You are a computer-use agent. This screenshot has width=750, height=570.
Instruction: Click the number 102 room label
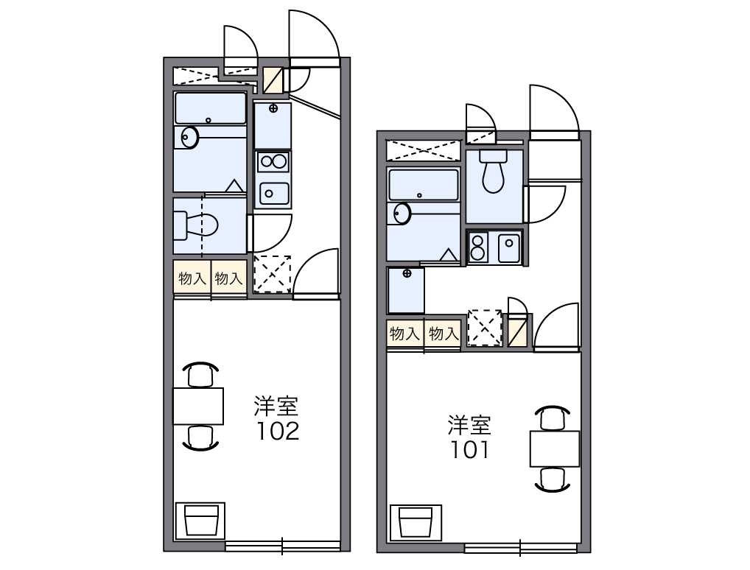click(x=278, y=431)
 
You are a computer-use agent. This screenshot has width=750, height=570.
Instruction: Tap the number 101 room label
click(x=470, y=449)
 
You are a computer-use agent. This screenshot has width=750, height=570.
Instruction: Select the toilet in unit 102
click(x=195, y=225)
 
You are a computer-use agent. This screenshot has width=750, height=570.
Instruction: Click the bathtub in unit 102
click(x=211, y=108)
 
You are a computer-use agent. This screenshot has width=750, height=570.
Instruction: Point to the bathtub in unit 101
click(x=424, y=185)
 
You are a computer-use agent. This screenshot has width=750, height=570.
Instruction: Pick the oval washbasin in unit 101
click(x=402, y=213)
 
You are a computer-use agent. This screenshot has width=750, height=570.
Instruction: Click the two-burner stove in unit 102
click(x=273, y=161)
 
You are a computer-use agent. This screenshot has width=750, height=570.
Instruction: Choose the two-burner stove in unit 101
click(x=478, y=247)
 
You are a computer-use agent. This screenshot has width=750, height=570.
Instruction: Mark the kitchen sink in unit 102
click(x=273, y=193)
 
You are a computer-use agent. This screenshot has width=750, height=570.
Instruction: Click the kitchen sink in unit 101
click(x=509, y=247)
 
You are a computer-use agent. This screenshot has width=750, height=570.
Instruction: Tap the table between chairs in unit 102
click(x=198, y=406)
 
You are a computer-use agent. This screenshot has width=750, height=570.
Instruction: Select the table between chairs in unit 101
click(x=555, y=448)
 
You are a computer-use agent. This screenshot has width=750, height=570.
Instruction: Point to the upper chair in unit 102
click(x=201, y=374)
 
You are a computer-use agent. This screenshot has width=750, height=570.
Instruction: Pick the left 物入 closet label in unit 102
click(x=192, y=278)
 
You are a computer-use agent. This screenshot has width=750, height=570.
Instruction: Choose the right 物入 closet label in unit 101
click(x=444, y=334)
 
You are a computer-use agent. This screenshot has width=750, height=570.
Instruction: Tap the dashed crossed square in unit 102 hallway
click(x=272, y=274)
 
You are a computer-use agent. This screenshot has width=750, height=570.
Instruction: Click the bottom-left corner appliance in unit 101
click(x=416, y=521)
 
